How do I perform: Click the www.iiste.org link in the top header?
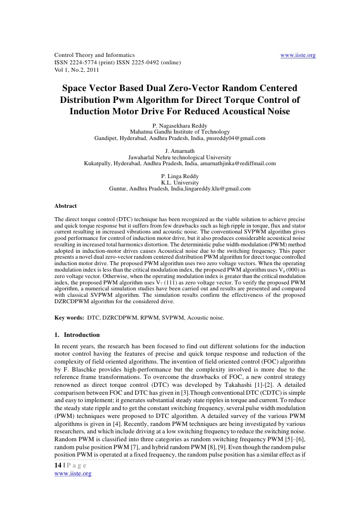click(298, 55)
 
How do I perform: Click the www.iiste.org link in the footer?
click(73, 473)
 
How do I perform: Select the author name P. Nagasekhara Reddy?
click(180, 126)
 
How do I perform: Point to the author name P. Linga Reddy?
click(180, 177)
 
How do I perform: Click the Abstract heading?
click(65, 206)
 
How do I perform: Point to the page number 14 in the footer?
click(57, 466)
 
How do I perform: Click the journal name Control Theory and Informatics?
click(87, 55)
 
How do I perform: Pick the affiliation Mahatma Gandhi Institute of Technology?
click(180, 132)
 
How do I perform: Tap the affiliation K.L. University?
click(180, 183)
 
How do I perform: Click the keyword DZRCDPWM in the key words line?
click(119, 318)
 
